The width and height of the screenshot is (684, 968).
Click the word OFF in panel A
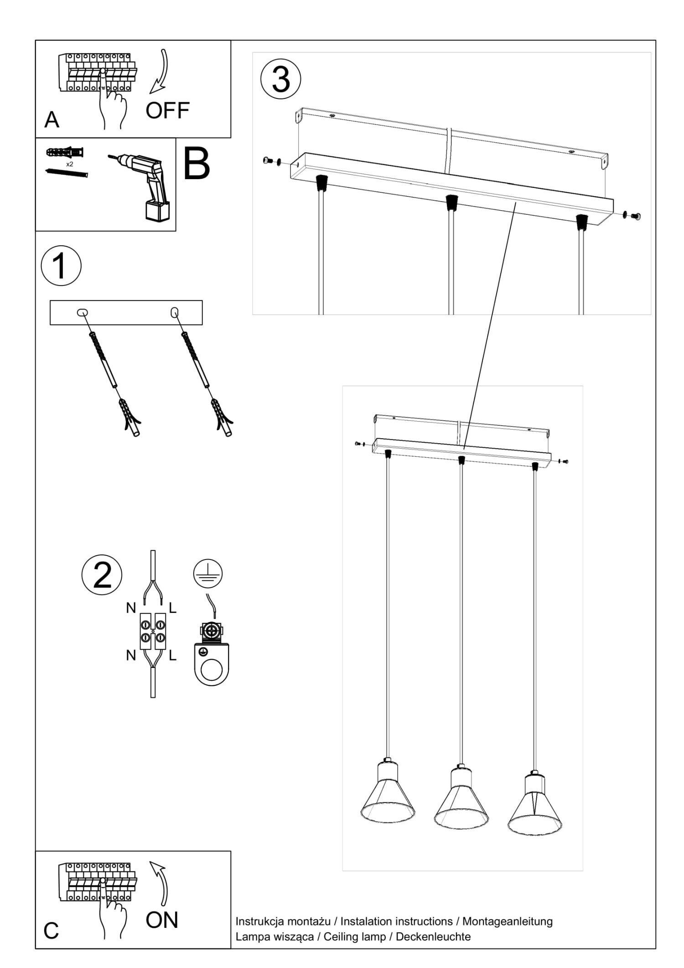[167, 110]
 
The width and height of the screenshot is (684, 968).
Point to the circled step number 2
[102, 575]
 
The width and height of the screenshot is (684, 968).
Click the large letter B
[197, 163]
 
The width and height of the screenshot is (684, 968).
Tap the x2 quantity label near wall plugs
[70, 164]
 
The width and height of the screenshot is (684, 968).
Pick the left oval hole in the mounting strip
[82, 312]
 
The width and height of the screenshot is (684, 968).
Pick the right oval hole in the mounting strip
[174, 312]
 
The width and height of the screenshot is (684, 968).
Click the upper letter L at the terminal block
[172, 608]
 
